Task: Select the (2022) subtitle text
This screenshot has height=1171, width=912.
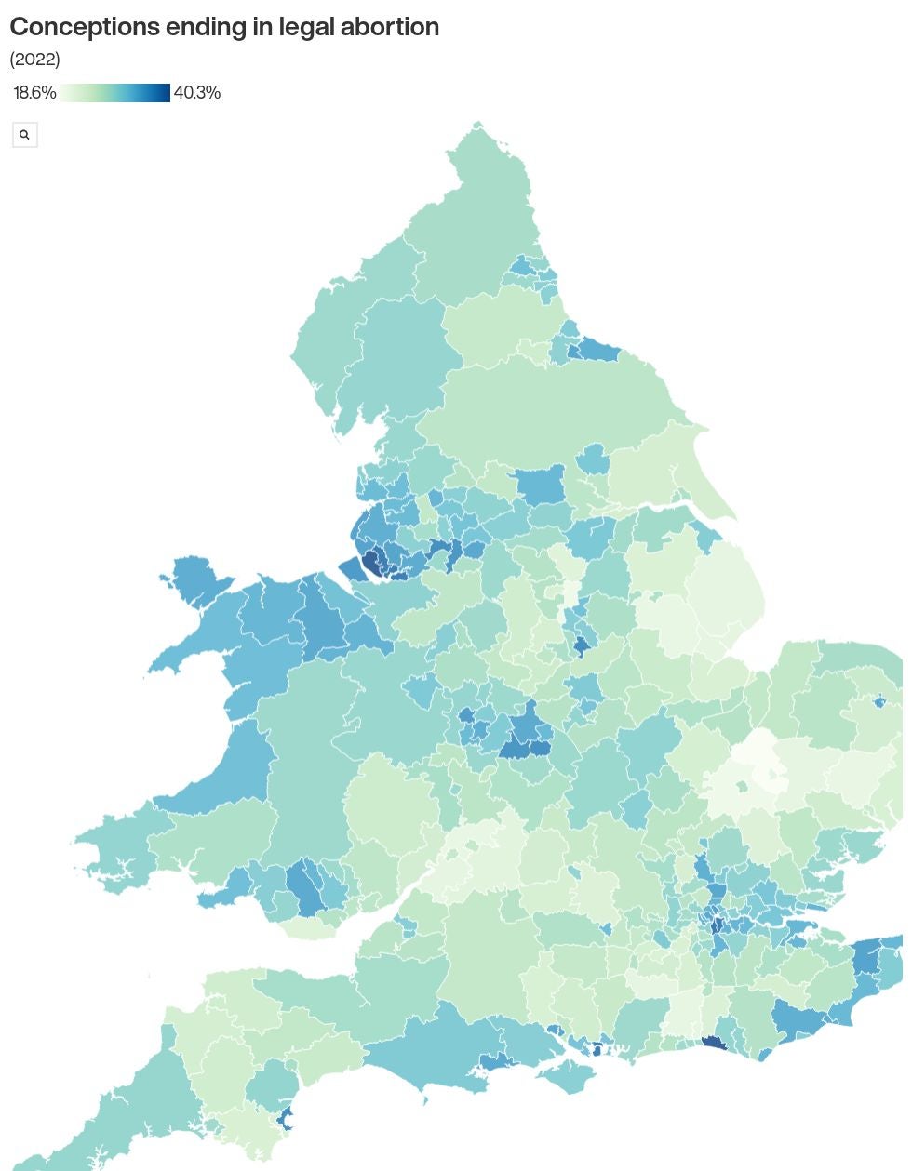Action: [x=34, y=60]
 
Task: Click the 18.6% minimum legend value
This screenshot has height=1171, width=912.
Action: [x=34, y=93]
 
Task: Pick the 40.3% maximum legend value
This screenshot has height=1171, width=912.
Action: [x=197, y=93]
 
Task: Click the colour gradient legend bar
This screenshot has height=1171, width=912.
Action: [x=115, y=93]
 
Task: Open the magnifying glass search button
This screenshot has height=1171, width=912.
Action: [x=24, y=135]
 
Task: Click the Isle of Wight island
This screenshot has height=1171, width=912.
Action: [x=567, y=1077]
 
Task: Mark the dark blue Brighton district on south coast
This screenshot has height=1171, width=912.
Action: [x=713, y=1044]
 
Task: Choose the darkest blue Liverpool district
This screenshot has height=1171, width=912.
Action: [x=371, y=562]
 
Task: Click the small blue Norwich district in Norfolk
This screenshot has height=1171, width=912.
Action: [x=879, y=701]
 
